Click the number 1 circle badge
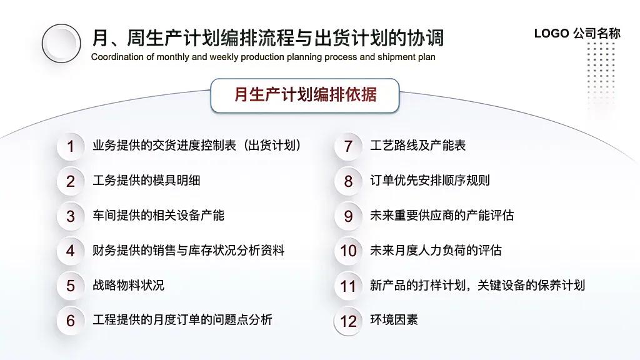click(71, 147)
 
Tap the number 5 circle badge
click(71, 286)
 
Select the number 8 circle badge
click(348, 182)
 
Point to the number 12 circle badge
click(348, 321)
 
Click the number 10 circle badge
click(348, 251)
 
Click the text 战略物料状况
click(128, 285)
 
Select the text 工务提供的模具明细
click(146, 181)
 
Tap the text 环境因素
click(394, 320)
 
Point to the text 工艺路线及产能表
click(417, 146)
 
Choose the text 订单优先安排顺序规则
click(430, 181)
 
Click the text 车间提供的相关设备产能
click(158, 216)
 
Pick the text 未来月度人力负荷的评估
click(436, 251)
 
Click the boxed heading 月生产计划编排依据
click(305, 95)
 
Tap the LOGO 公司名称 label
click(577, 34)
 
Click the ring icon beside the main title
click(61, 43)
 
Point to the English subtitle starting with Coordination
click(263, 57)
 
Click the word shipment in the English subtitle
click(395, 57)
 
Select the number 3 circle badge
click(71, 217)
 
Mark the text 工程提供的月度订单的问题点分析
click(182, 320)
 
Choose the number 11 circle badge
click(348, 286)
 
